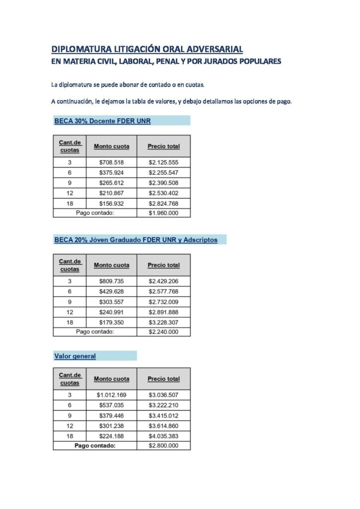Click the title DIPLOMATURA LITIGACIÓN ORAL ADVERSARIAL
point(147,49)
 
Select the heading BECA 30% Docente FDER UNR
point(102,121)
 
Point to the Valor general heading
point(75,356)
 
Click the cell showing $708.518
point(111,163)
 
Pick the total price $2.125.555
point(163,163)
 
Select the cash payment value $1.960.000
point(163,213)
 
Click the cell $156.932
point(111,203)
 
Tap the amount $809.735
point(111,281)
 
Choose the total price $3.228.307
point(163,322)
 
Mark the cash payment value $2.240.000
point(163,332)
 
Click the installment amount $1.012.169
point(111,395)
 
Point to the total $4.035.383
point(163,436)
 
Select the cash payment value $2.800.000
point(163,446)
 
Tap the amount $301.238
point(111,426)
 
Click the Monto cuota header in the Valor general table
point(111,379)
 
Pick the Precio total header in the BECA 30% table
point(164,146)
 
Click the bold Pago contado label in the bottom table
point(94,446)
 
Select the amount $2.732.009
point(163,302)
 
